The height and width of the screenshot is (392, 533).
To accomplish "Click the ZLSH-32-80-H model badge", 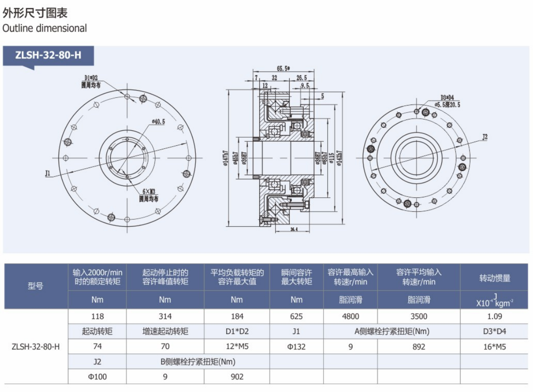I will point(48,56).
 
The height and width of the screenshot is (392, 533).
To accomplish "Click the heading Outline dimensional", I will point(44,28).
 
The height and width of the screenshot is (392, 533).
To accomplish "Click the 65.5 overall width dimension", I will point(284,69).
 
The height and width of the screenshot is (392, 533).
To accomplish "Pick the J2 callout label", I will point(485,136).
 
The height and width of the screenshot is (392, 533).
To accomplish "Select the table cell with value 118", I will point(97,316).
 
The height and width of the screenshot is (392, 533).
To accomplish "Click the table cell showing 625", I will point(296,316).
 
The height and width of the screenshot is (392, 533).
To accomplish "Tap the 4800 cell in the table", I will point(350,316).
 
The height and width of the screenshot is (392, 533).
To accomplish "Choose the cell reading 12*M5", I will point(237,347).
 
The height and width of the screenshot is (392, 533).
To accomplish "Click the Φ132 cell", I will point(296,347).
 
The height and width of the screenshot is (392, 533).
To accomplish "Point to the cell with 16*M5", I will point(495,347).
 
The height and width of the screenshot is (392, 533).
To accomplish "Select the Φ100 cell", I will point(97,377).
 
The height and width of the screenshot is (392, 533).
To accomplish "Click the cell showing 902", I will point(237,377).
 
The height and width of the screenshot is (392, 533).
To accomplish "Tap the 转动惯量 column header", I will point(495,278).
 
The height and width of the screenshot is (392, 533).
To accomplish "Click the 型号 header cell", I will point(35,286).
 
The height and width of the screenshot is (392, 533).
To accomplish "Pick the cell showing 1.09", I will point(495,316).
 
